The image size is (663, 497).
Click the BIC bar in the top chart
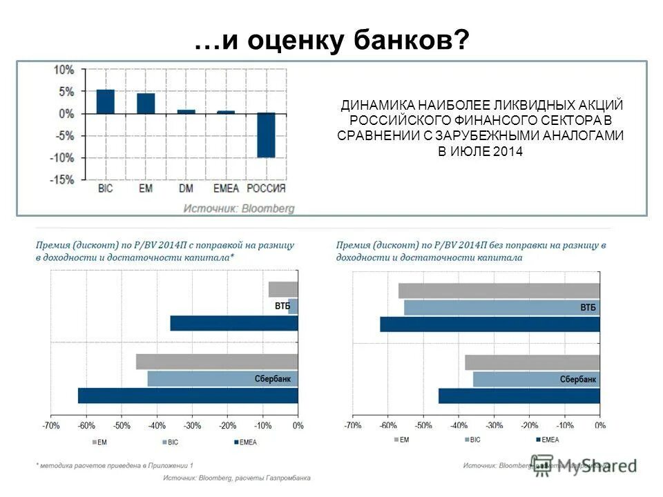click(x=106, y=101)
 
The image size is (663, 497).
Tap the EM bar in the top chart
click(x=146, y=103)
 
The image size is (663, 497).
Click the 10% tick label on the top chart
click(x=64, y=70)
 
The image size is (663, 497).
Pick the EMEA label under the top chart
click(x=225, y=188)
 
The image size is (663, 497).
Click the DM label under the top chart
click(x=186, y=188)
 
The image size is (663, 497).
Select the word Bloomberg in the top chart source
click(x=268, y=208)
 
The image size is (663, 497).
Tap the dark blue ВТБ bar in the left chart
click(x=233, y=323)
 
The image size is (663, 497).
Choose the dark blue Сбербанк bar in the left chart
click(x=188, y=396)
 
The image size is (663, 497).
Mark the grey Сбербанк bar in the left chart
click(x=217, y=362)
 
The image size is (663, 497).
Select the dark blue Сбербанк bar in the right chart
click(x=519, y=396)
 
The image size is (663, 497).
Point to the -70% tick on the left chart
click(x=51, y=427)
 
